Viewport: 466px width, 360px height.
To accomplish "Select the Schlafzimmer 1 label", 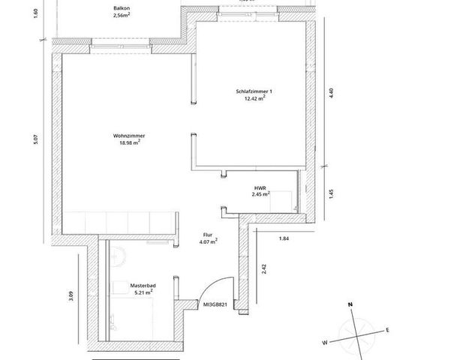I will point(254,91).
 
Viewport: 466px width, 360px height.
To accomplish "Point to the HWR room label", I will point(260,187).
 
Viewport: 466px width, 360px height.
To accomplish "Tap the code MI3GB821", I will point(215,305).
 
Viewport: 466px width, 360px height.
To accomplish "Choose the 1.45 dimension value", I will point(329,193).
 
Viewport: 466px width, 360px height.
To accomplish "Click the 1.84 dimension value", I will point(283,238).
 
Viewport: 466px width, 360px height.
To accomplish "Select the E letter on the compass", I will point(387,330).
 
